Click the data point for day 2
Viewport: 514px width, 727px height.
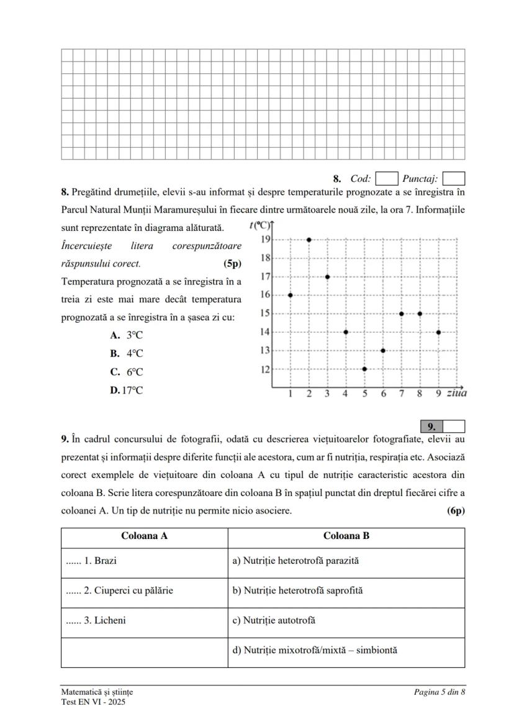[309, 239]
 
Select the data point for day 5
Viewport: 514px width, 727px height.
[364, 369]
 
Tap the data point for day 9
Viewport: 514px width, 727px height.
[439, 332]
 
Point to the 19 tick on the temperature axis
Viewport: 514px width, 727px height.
[264, 239]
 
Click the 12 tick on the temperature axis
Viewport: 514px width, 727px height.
[264, 369]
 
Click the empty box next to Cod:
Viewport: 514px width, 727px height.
[387, 179]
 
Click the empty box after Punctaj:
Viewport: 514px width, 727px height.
[454, 179]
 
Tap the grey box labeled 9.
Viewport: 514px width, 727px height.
[432, 427]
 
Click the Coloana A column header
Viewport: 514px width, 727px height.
[144, 536]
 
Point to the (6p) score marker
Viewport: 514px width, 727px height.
[456, 511]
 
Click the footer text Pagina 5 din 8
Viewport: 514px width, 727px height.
[440, 692]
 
